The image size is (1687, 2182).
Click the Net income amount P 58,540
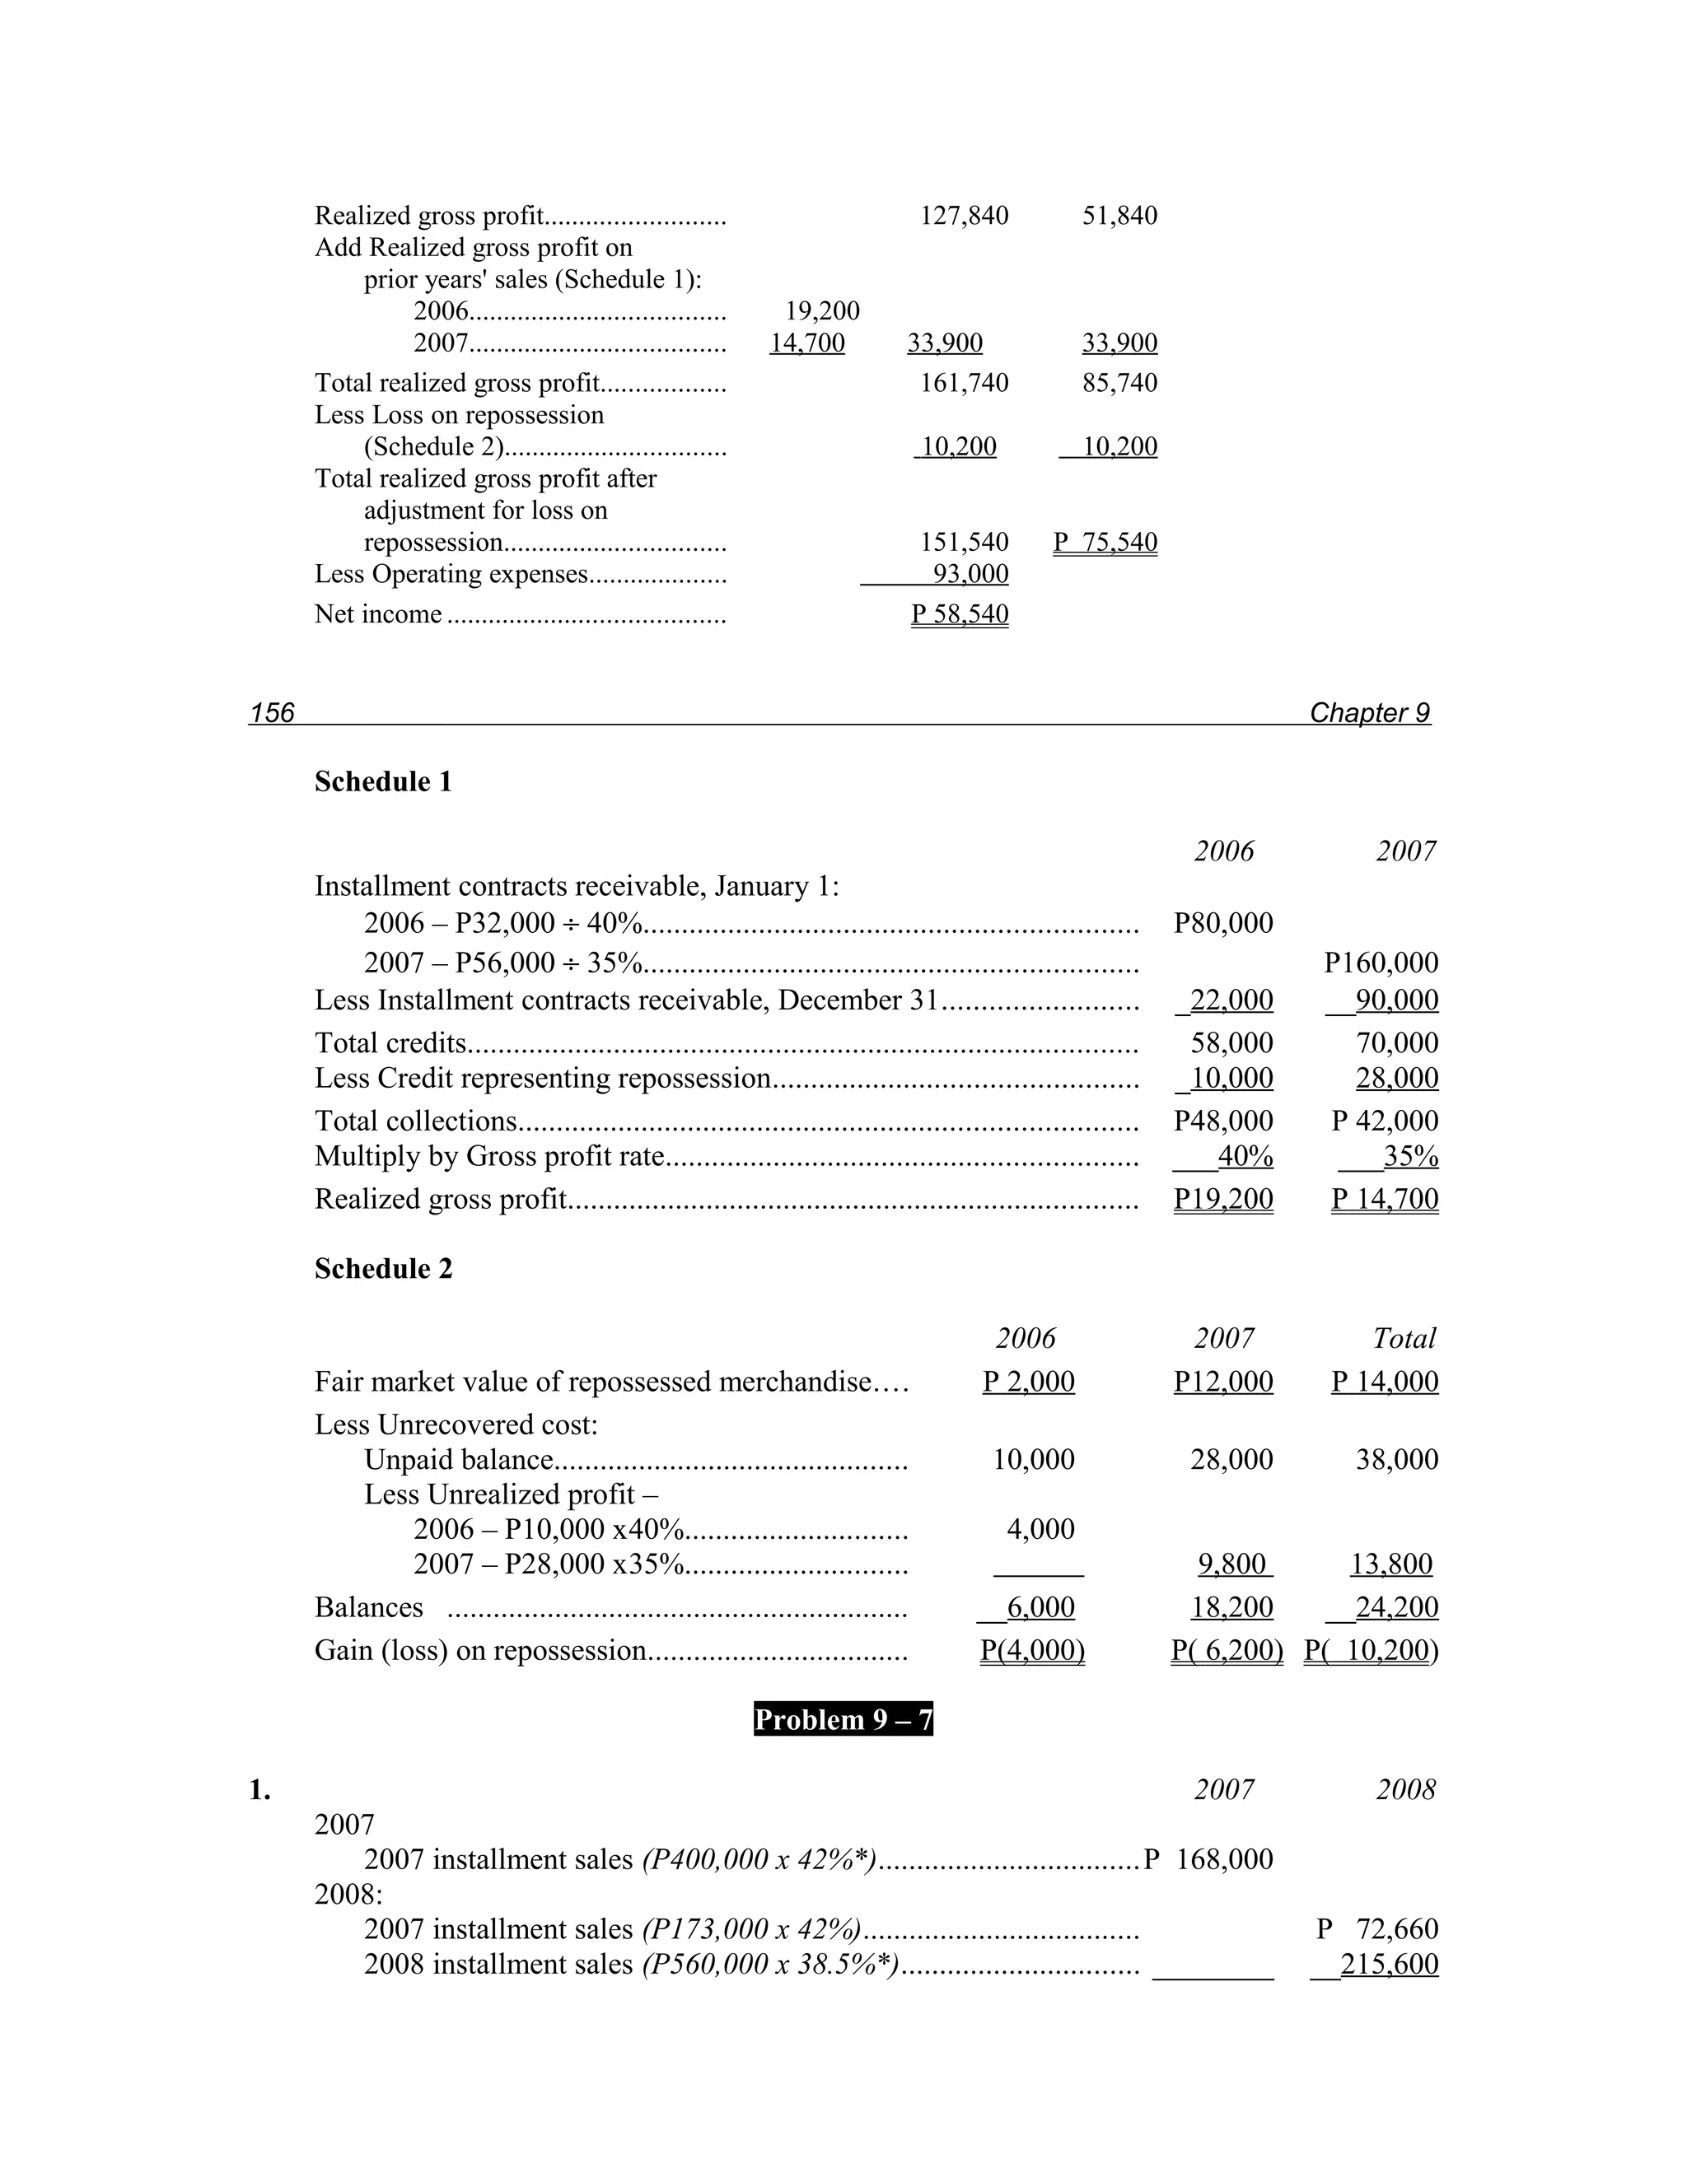[960, 614]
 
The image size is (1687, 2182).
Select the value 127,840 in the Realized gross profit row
[964, 216]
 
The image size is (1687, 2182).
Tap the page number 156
[272, 712]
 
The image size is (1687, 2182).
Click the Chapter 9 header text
[1369, 712]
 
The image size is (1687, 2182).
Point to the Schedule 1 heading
[383, 781]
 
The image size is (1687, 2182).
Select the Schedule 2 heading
[383, 1269]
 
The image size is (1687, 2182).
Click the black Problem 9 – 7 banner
[843, 1719]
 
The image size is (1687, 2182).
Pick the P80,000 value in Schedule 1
[1223, 923]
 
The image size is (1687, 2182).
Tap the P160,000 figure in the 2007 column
[1381, 963]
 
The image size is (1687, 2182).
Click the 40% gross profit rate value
[1245, 1157]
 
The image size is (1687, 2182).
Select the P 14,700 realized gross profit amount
[1384, 1199]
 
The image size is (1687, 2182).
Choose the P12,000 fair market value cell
[1223, 1382]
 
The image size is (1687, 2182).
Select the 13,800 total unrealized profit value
[1390, 1564]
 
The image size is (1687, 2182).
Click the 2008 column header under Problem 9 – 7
[1405, 1789]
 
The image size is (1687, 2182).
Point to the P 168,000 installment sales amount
[1209, 1859]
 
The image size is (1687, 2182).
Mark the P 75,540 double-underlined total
[1105, 543]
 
